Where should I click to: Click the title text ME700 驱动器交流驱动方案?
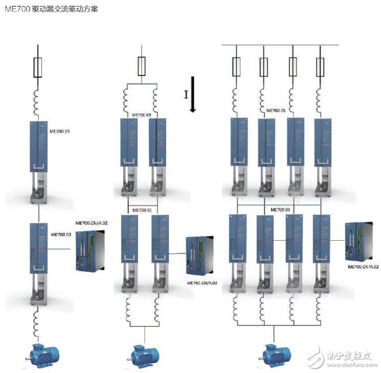click(51, 9)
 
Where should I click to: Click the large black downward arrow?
click(193, 94)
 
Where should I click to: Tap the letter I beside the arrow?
click(186, 94)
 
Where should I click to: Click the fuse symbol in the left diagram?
click(37, 67)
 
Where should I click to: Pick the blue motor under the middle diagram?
click(144, 354)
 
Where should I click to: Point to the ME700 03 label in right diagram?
click(280, 209)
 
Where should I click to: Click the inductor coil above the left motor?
click(37, 322)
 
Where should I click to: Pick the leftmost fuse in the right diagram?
click(236, 66)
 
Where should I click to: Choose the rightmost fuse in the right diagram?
click(320, 66)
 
